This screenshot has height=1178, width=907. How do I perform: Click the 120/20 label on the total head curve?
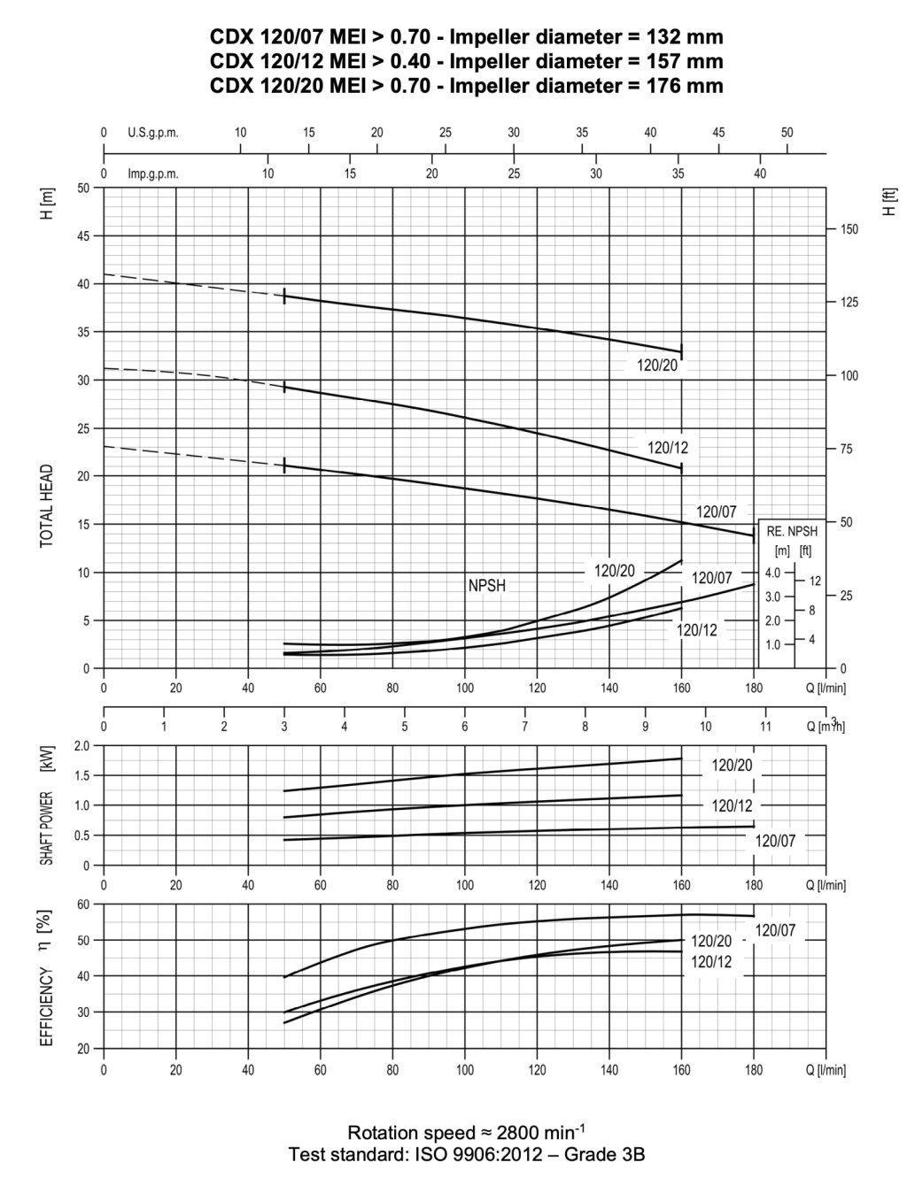click(x=657, y=365)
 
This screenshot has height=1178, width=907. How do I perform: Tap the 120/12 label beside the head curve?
click(x=668, y=449)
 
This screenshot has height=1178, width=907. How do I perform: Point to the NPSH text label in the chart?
click(x=487, y=586)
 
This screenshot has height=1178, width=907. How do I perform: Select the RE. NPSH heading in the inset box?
click(x=792, y=532)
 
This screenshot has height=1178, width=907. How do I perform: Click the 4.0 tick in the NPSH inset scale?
click(x=772, y=573)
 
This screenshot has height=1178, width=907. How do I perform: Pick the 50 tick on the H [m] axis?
click(x=84, y=189)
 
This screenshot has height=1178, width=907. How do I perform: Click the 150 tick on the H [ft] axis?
click(x=849, y=229)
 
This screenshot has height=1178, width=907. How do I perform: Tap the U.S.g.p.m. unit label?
click(x=153, y=133)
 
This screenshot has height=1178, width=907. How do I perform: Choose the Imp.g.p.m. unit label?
click(x=153, y=173)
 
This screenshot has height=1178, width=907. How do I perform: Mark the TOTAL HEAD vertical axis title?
click(x=47, y=506)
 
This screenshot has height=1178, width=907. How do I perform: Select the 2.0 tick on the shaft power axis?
click(x=82, y=746)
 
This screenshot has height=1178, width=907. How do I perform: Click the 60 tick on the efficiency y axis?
click(x=84, y=905)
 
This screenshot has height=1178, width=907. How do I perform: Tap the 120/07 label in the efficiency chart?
click(x=775, y=930)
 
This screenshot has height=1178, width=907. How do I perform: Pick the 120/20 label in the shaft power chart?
click(x=733, y=766)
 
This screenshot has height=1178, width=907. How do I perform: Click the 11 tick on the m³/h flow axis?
click(x=765, y=727)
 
